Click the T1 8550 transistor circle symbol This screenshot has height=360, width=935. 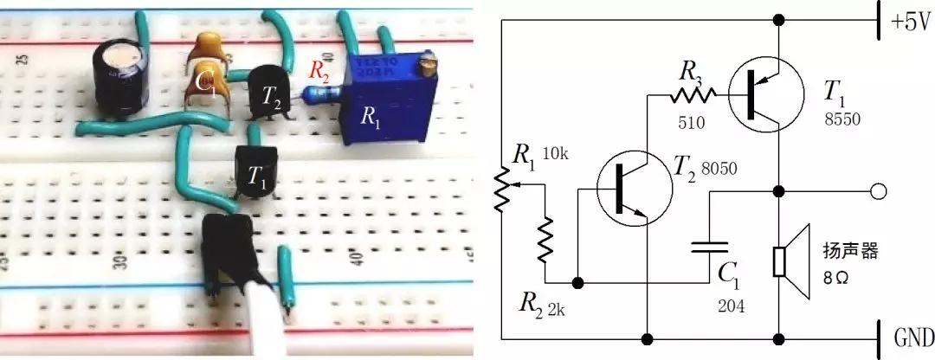[x=761, y=96]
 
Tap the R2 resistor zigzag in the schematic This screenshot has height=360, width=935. [x=545, y=240]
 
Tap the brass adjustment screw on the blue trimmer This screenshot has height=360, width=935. [x=425, y=63]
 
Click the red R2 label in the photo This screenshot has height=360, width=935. [x=319, y=72]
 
